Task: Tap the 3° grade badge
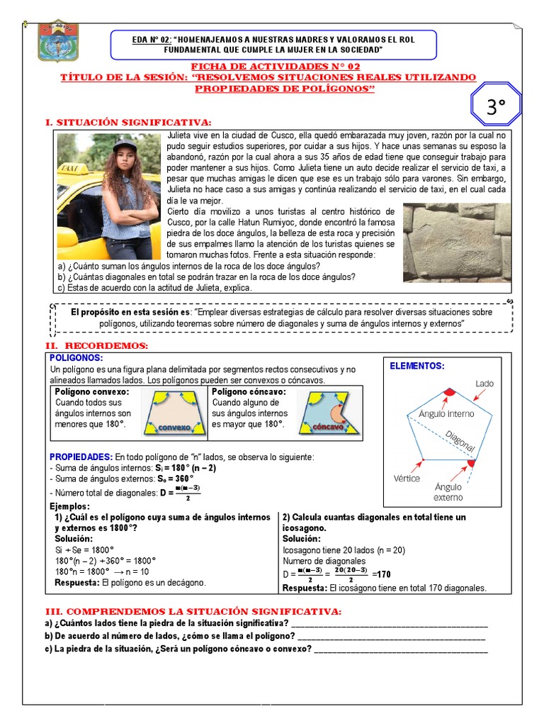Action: pyautogui.click(x=497, y=106)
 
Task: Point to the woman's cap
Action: pyautogui.click(x=125, y=145)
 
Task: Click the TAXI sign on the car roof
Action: pyautogui.click(x=69, y=170)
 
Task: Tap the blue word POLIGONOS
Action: pyautogui.click(x=76, y=357)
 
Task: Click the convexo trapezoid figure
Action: pyautogui.click(x=174, y=414)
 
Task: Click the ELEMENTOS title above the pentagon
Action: pyautogui.click(x=417, y=366)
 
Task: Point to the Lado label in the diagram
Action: pyautogui.click(x=484, y=384)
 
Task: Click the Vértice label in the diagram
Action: pyautogui.click(x=407, y=479)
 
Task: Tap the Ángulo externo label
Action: pyautogui.click(x=448, y=492)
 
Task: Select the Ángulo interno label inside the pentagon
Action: pyautogui.click(x=446, y=413)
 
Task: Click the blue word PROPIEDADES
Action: pyautogui.click(x=81, y=457)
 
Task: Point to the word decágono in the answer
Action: pyautogui.click(x=183, y=582)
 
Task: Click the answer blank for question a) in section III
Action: pyautogui.click(x=389, y=623)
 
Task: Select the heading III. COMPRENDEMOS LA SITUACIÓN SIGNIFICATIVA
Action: pyautogui.click(x=193, y=611)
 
